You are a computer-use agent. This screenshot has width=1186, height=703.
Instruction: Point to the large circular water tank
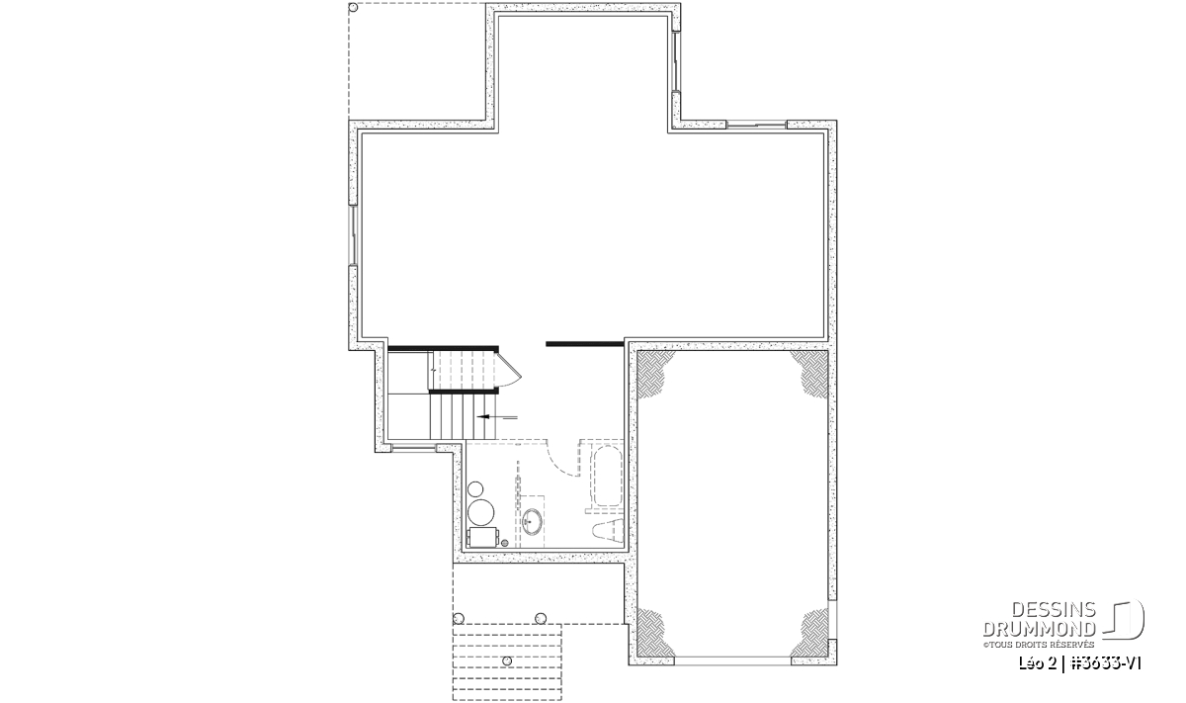[x=480, y=512]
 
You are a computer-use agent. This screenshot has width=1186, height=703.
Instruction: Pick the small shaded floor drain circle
[x=505, y=543]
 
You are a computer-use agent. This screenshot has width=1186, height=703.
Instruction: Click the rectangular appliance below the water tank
[x=483, y=537]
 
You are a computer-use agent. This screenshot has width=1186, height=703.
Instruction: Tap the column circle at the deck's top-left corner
[x=353, y=8]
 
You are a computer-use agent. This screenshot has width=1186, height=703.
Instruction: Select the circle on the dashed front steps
[x=507, y=661]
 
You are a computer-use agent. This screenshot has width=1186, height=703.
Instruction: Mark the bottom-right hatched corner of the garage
[x=812, y=633]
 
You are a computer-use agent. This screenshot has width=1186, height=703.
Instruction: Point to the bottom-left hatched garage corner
[x=652, y=633]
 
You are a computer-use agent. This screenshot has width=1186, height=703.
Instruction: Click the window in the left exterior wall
[x=352, y=234]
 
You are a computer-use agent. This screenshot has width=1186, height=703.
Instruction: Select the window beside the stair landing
[x=413, y=448]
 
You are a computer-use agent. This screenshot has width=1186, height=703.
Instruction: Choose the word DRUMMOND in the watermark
[x=1040, y=629]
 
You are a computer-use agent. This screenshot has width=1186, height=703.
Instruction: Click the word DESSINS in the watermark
[x=1054, y=610]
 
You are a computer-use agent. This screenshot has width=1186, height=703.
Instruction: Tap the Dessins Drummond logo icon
[x=1124, y=620]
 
